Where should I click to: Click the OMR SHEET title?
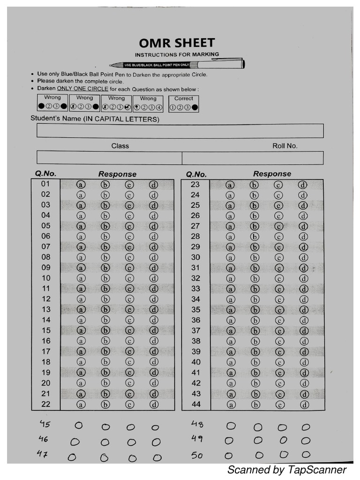(177, 43)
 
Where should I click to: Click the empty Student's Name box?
(180, 131)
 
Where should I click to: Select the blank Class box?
(109, 157)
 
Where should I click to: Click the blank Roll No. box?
(252, 157)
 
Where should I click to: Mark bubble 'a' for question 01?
(81, 185)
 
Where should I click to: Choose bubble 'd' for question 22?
(154, 405)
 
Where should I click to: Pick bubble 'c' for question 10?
(129, 278)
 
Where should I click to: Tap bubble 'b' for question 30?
(255, 257)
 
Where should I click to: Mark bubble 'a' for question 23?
(230, 185)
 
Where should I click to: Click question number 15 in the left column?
(46, 330)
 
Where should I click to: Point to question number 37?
(195, 331)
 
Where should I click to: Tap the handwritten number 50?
(197, 455)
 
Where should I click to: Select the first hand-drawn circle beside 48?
(231, 426)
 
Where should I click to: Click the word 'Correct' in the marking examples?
(183, 98)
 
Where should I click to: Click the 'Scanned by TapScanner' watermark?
(286, 470)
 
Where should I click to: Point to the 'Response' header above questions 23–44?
(272, 174)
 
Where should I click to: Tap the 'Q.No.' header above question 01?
(45, 173)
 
